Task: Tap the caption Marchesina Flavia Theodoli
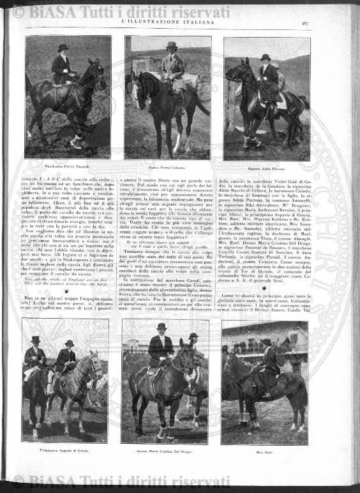[x=68, y=167]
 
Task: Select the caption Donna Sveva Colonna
[x=168, y=168]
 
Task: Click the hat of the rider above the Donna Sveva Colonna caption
[x=170, y=45]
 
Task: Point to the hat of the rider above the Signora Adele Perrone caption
[x=265, y=57]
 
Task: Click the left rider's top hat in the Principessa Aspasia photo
[x=35, y=339]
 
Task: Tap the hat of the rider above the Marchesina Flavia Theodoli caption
[x=63, y=48]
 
